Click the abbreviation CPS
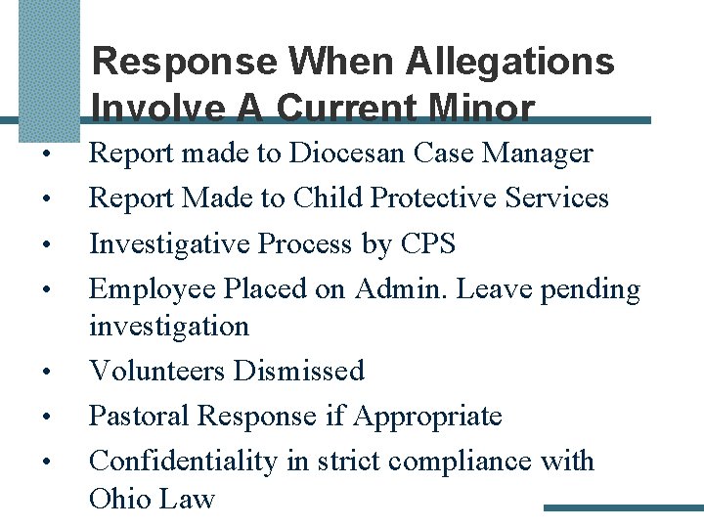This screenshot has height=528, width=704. point(428,243)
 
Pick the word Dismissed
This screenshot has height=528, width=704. point(298,371)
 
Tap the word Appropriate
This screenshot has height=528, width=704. point(427,416)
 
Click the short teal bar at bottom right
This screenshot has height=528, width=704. point(623,507)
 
